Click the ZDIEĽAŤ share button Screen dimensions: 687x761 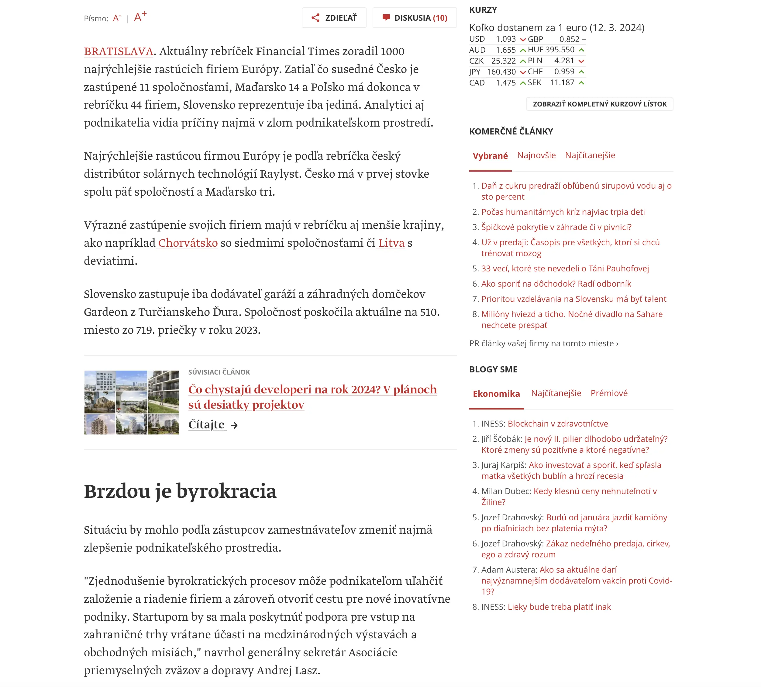[334, 18]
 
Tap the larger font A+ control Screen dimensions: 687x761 [140, 17]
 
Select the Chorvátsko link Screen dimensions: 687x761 [188, 243]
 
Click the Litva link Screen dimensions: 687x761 [391, 243]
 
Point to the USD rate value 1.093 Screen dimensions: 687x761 [505, 39]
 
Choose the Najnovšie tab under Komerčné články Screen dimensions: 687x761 [536, 155]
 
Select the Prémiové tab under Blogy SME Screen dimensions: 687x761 [609, 393]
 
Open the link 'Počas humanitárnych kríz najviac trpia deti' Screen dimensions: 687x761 [563, 212]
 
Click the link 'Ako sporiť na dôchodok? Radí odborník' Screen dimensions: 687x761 [556, 284]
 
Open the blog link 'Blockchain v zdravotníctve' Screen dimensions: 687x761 [557, 424]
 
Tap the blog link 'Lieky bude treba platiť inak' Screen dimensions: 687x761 [559, 607]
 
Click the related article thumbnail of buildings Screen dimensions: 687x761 [131, 403]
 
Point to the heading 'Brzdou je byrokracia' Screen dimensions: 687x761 [180, 491]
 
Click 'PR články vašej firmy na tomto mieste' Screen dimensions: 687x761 [543, 343]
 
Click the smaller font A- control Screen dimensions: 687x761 [116, 18]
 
